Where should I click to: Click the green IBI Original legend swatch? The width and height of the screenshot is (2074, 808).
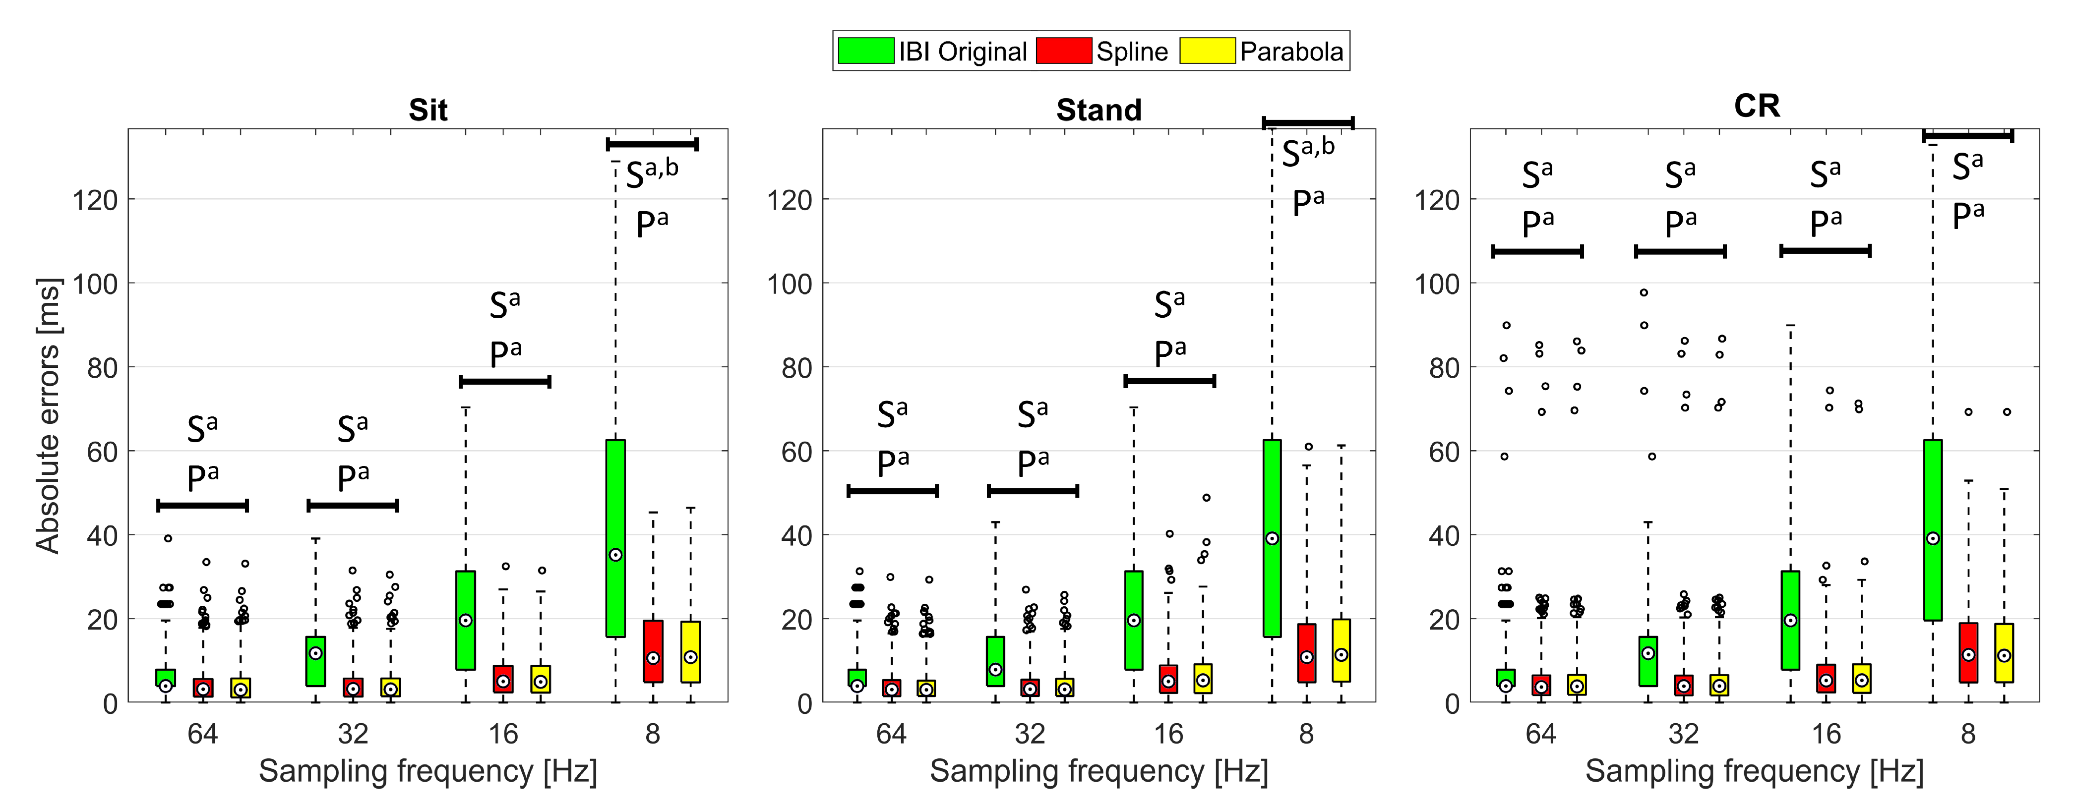[865, 51]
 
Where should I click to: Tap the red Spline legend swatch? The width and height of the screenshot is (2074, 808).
[1064, 51]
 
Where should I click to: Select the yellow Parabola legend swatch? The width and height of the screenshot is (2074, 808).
[1207, 51]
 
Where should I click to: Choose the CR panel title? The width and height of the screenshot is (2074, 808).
[1756, 106]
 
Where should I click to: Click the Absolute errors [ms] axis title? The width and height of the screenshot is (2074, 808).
[48, 415]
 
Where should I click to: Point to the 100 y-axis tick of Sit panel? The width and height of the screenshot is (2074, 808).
[95, 284]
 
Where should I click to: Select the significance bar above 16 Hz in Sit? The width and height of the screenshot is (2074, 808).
[505, 382]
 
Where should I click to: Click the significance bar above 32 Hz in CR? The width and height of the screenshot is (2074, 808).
[1680, 252]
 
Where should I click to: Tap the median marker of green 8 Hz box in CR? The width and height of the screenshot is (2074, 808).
[1933, 538]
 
